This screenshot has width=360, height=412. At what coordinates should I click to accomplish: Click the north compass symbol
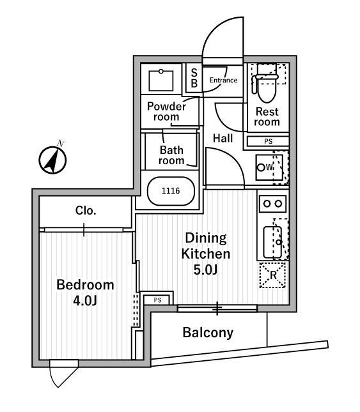(x=52, y=160)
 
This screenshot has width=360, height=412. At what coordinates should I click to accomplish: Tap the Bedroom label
(x=85, y=285)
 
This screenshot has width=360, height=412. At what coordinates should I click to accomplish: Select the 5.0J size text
(x=205, y=270)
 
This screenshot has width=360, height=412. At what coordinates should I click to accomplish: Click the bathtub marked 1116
(x=171, y=191)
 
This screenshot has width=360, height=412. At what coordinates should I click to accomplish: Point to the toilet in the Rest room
(x=267, y=84)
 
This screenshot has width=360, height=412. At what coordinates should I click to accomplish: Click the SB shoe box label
(x=194, y=78)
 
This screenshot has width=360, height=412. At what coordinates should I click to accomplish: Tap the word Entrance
(x=223, y=80)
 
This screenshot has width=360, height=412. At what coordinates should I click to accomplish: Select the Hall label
(x=223, y=138)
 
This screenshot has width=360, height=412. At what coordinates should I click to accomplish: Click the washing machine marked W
(x=269, y=167)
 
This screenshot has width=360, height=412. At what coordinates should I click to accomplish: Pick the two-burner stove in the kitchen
(x=272, y=204)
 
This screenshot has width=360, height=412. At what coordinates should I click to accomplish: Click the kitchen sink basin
(x=272, y=242)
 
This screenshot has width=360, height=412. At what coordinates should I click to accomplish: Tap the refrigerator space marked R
(x=272, y=275)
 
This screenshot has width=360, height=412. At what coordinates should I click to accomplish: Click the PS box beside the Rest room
(x=268, y=141)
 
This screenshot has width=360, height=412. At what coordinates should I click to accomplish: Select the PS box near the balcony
(x=157, y=300)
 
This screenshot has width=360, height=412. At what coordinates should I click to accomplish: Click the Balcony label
(x=208, y=333)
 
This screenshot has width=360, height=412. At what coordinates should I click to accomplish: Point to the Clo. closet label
(x=86, y=211)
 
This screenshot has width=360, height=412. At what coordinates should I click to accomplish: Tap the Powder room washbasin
(x=161, y=80)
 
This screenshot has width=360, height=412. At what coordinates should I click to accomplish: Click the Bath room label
(x=171, y=155)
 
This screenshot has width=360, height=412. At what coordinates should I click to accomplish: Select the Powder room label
(x=166, y=112)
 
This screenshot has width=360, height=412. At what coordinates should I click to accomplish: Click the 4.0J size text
(x=85, y=301)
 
